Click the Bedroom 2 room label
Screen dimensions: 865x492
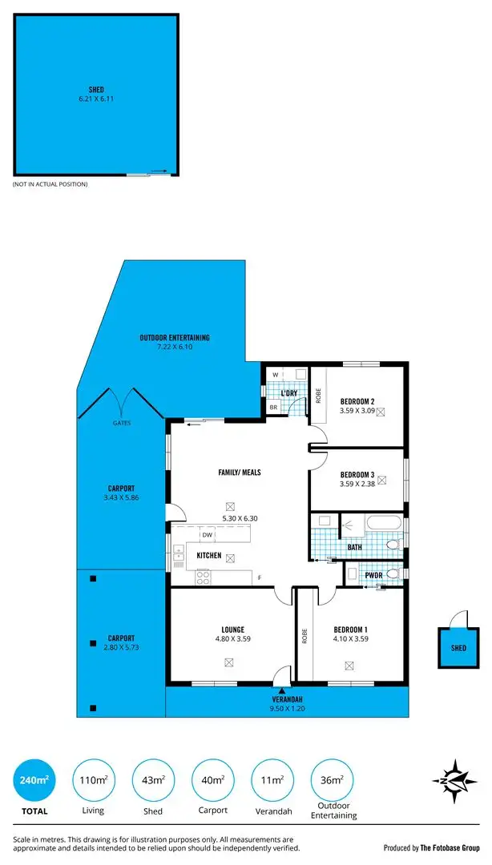point(357,401)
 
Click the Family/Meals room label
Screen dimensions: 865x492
point(240,473)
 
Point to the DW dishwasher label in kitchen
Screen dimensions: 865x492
point(207,534)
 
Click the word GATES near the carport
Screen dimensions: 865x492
point(122,422)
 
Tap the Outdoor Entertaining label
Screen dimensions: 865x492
point(174,337)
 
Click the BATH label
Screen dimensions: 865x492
point(355,547)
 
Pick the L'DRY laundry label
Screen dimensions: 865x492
point(289,392)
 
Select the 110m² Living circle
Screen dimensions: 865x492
point(93,779)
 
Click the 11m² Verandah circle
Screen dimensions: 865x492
point(272,779)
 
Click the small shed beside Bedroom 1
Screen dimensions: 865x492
point(458,648)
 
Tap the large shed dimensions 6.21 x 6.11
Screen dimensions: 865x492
point(96,99)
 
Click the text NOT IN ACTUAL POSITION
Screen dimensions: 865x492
point(50,184)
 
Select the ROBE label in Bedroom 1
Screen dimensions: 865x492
point(304,636)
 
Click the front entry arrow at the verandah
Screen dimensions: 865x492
point(282,690)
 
